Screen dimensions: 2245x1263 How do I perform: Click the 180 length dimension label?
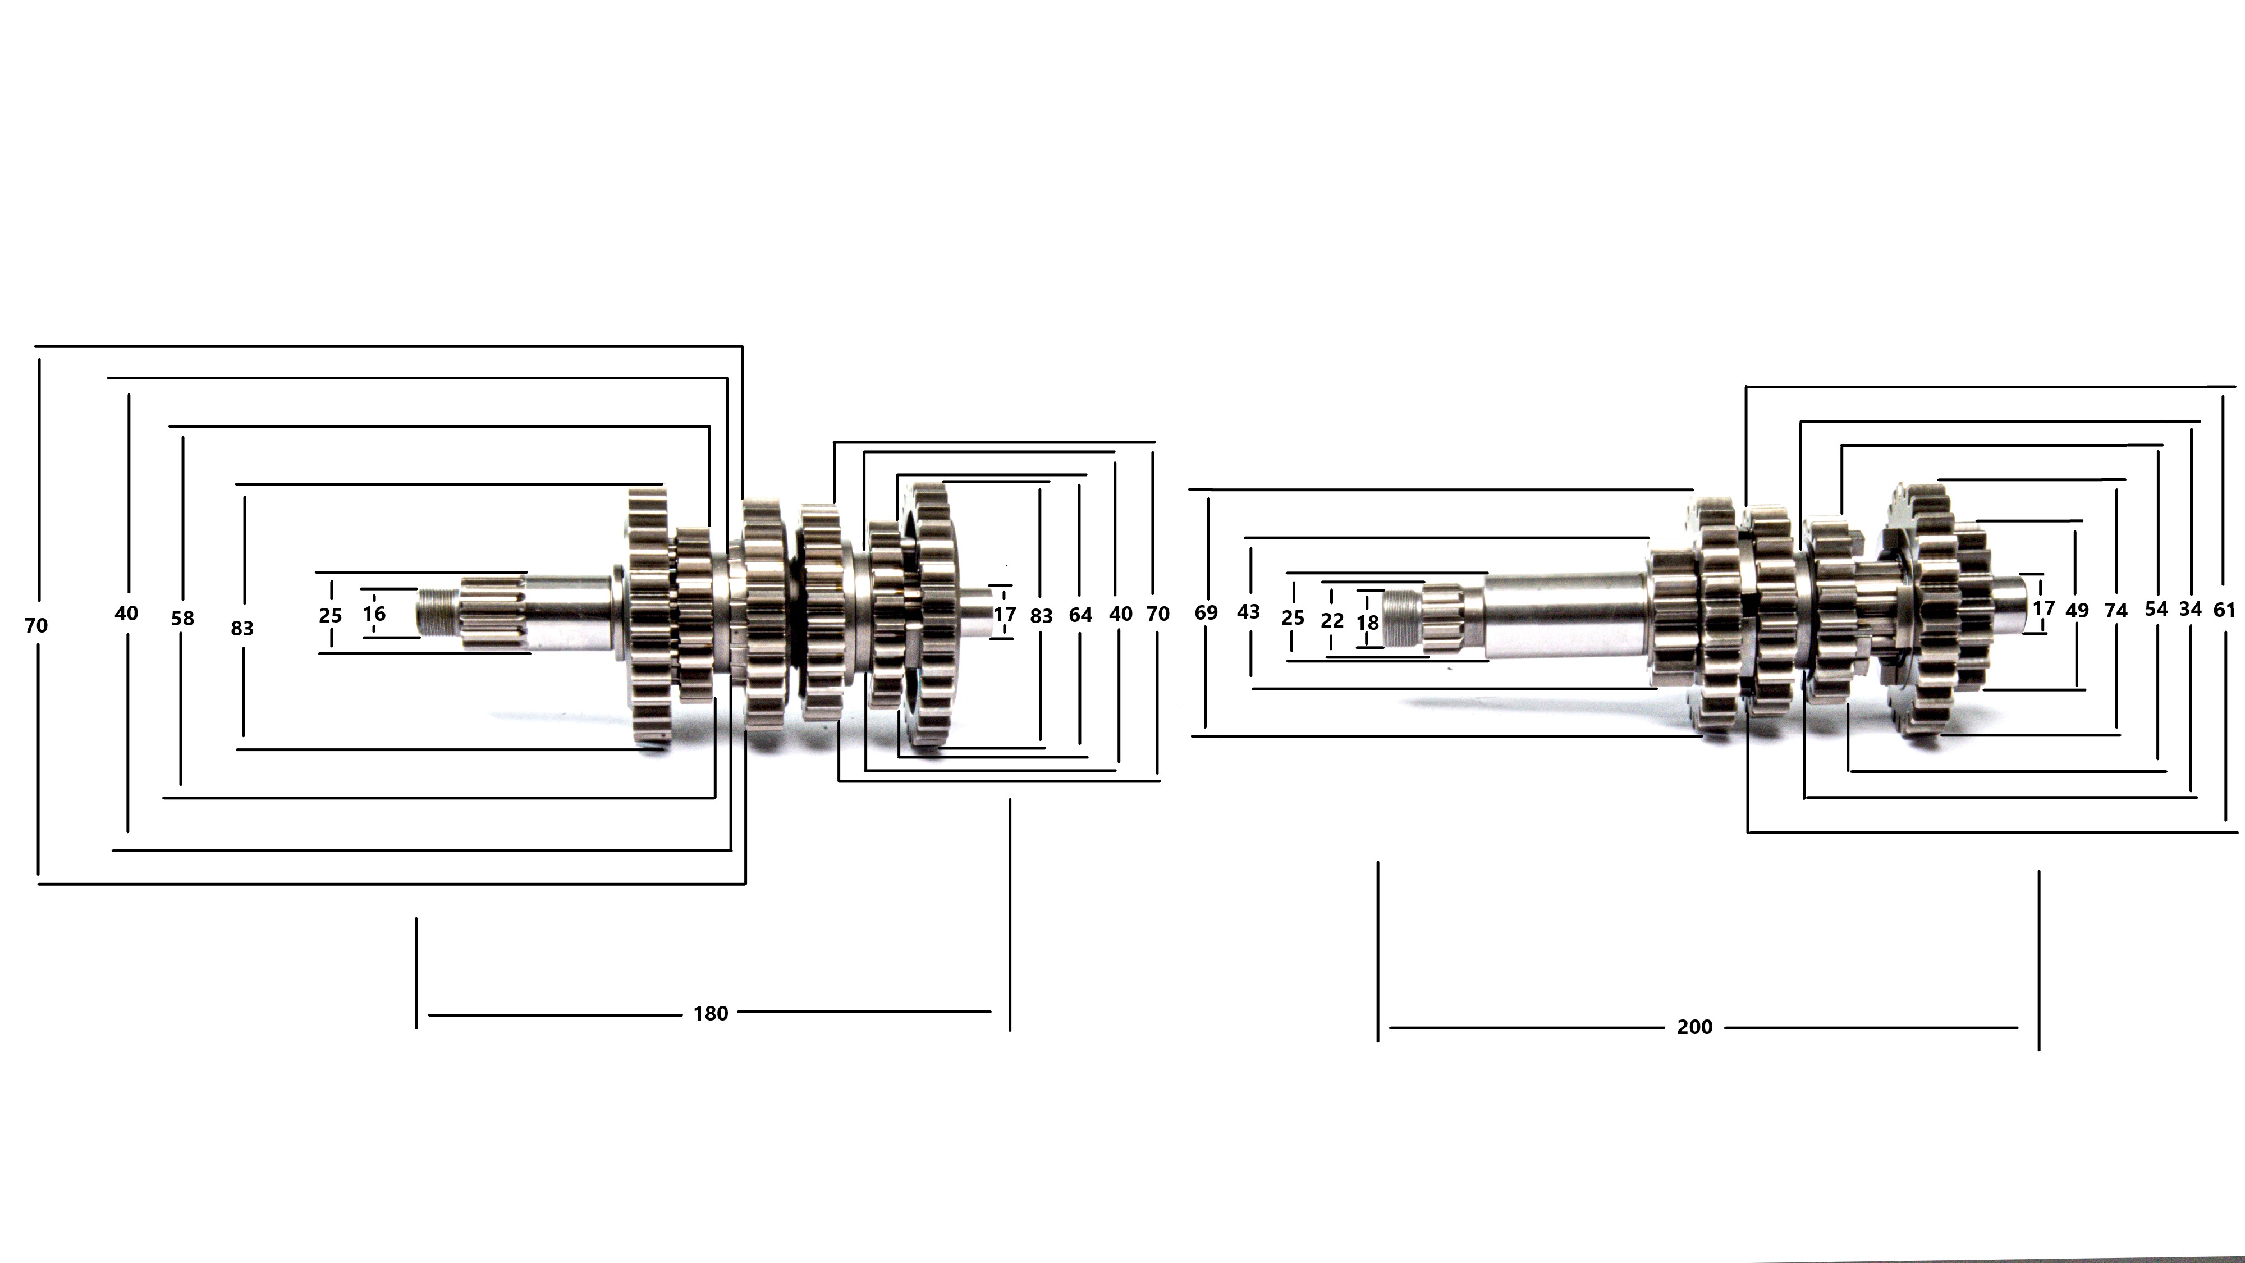(x=711, y=1014)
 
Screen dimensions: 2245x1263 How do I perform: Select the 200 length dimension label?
(x=1694, y=1028)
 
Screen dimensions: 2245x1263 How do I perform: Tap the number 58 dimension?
(x=182, y=619)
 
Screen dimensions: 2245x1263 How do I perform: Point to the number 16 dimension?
(x=374, y=614)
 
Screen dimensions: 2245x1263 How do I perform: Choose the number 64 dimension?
(x=1080, y=615)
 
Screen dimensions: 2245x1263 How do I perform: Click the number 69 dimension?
(x=1206, y=613)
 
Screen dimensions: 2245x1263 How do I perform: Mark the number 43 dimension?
(x=1248, y=612)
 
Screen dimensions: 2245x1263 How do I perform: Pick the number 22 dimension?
(x=1332, y=621)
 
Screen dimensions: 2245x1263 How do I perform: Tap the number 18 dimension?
(x=1367, y=623)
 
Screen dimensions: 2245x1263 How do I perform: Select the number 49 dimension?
(x=2077, y=611)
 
